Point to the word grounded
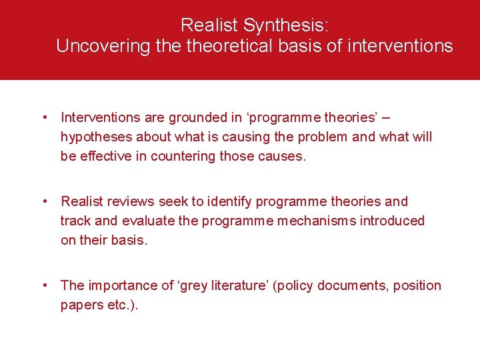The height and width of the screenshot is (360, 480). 170,118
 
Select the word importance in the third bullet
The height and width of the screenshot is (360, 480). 117,285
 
